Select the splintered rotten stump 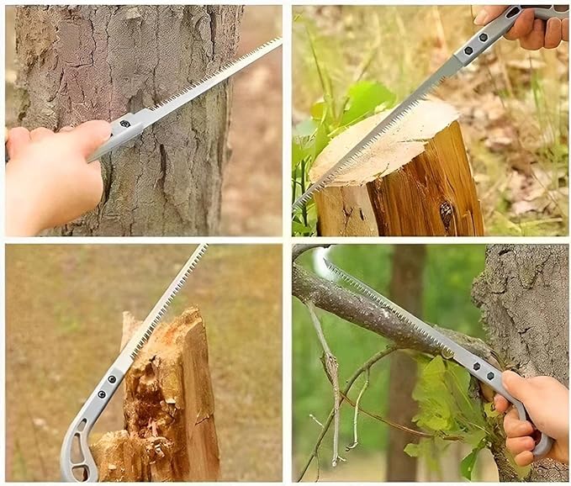coord(164,395)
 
